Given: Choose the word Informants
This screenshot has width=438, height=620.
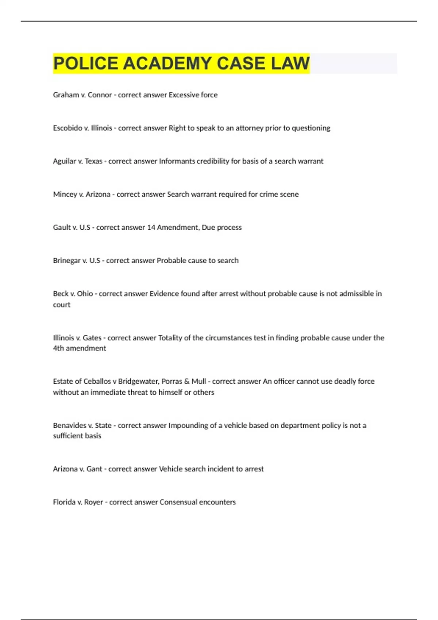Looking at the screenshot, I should [x=177, y=161].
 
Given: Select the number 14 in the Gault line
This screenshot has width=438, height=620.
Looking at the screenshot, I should [x=151, y=228].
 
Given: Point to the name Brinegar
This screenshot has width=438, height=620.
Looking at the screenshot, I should [x=66, y=261].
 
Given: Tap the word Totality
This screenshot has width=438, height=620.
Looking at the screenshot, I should [x=170, y=338].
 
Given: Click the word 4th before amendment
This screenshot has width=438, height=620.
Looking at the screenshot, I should [x=58, y=348].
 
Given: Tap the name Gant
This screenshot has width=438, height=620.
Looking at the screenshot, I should [x=94, y=469].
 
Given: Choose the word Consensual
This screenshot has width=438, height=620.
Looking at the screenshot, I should [x=178, y=502].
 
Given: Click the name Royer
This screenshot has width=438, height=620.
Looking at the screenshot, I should [x=93, y=502].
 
